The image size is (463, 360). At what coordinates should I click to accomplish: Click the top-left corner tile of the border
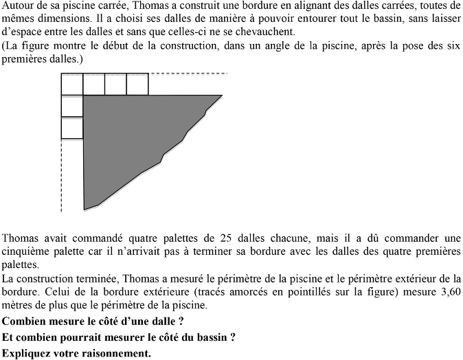coord(72,84)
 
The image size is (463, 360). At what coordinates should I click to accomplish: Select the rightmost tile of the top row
coord(137,84)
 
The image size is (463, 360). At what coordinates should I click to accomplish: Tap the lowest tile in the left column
coord(72,128)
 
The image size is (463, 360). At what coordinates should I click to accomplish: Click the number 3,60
coord(447,292)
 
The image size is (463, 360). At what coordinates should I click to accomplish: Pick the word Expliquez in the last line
coord(28,353)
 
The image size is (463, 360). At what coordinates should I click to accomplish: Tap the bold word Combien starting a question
coord(26,320)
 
